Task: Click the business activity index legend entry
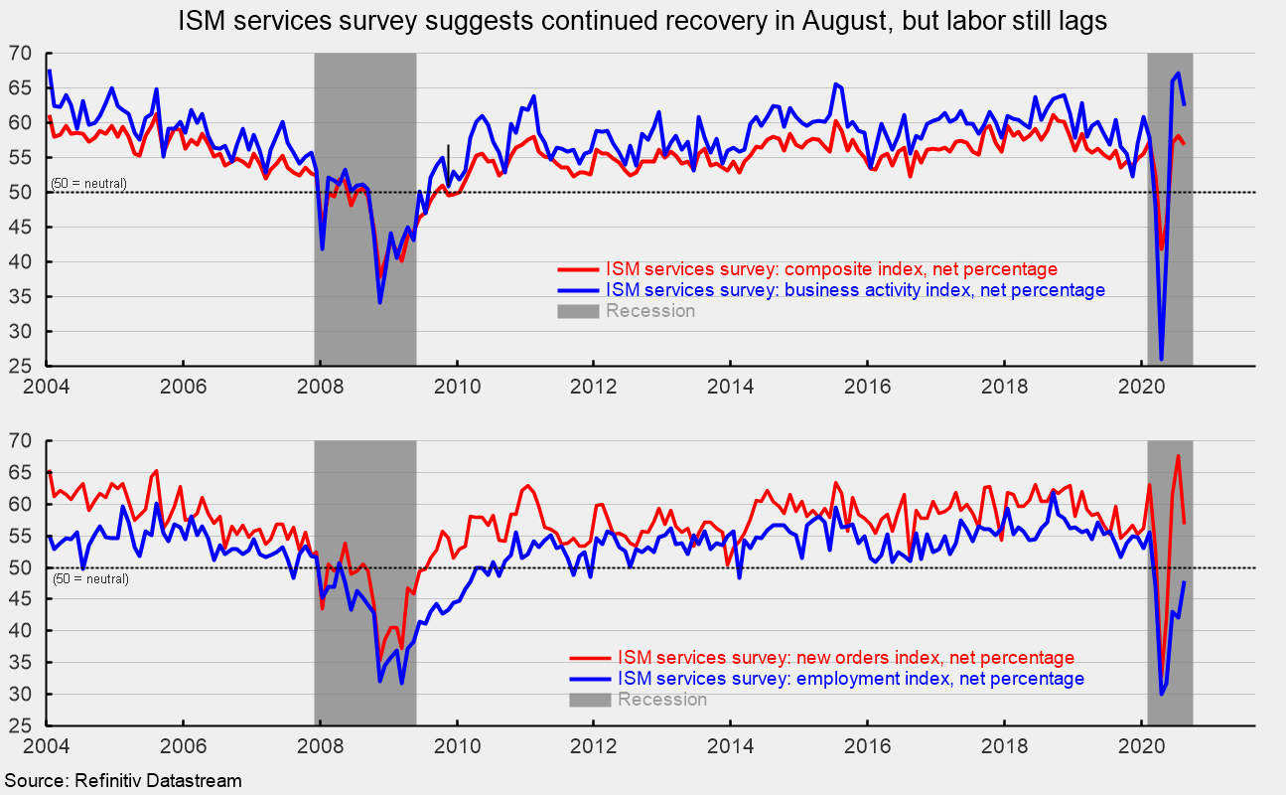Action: click(x=854, y=290)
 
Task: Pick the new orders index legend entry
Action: click(x=845, y=658)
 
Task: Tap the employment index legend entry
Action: click(x=850, y=679)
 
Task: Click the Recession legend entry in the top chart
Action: click(x=649, y=311)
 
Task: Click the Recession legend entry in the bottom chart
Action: click(x=661, y=700)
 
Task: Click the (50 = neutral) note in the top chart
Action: click(x=88, y=184)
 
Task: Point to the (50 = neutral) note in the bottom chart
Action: click(x=89, y=578)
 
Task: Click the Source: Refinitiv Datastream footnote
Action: click(x=122, y=781)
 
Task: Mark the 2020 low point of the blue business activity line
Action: click(x=1162, y=359)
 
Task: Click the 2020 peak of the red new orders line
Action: click(x=1178, y=456)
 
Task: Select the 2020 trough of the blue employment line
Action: click(x=1162, y=694)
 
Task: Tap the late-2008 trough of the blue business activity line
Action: click(x=380, y=302)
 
